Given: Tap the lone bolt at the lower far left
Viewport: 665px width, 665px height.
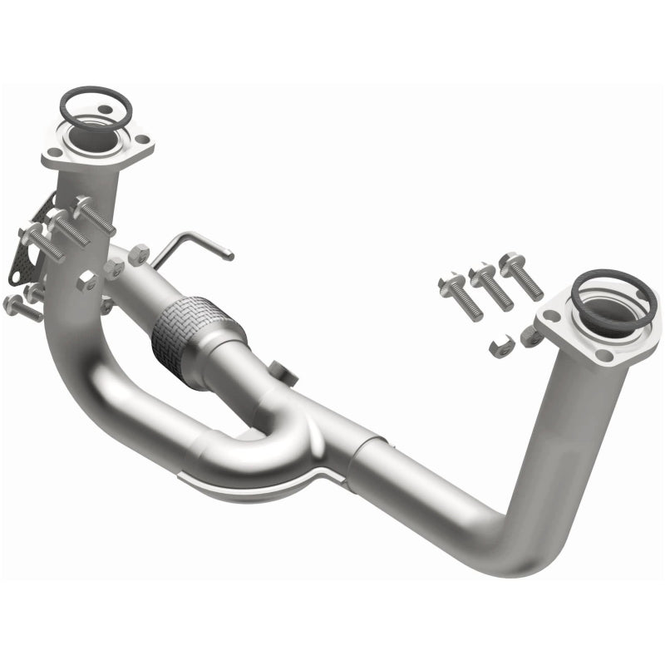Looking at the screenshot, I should click(20, 308).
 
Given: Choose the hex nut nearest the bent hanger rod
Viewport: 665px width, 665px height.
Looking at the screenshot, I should click(139, 252).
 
